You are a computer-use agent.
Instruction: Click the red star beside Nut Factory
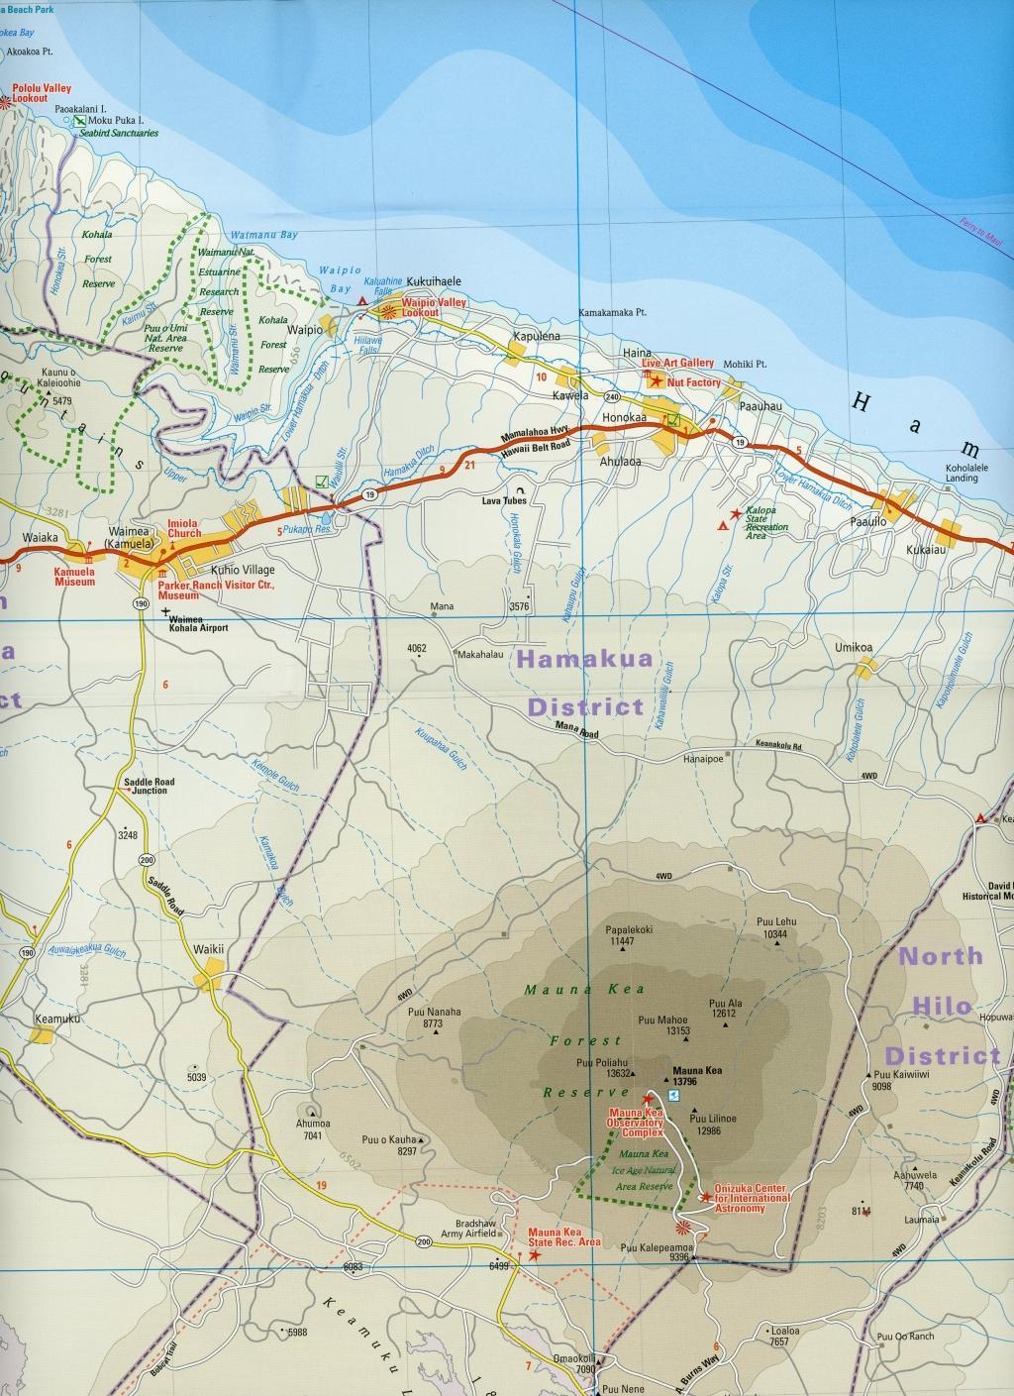point(657,381)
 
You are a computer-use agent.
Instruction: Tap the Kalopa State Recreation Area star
point(735,514)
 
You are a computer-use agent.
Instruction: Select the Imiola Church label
point(183,528)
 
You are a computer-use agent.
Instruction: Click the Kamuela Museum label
point(75,577)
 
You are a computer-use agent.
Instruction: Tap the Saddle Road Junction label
point(150,786)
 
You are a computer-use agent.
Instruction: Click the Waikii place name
point(209,949)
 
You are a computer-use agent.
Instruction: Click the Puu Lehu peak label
point(775,920)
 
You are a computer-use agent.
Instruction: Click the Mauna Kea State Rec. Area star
point(535,1254)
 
